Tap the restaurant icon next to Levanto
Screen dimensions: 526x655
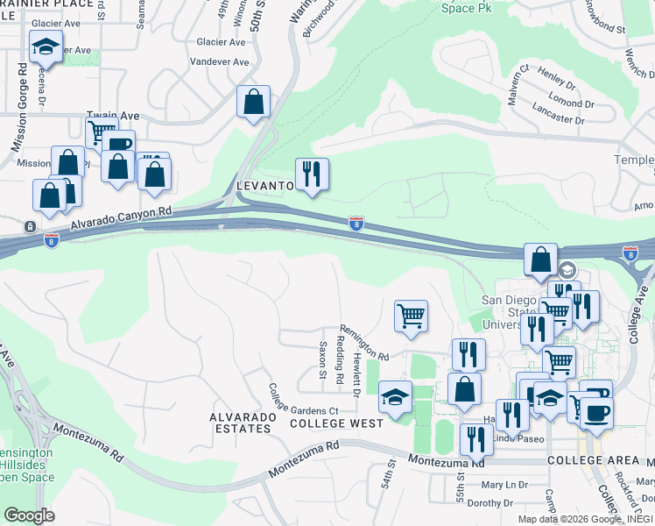click(x=312, y=174)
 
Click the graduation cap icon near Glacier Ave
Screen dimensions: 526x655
click(x=45, y=47)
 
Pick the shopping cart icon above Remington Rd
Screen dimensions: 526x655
click(x=411, y=316)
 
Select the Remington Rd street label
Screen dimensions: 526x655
click(x=364, y=341)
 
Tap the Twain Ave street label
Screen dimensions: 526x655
click(x=113, y=116)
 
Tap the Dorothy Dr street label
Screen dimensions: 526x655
click(x=489, y=503)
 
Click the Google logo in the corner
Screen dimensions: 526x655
click(x=29, y=515)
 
